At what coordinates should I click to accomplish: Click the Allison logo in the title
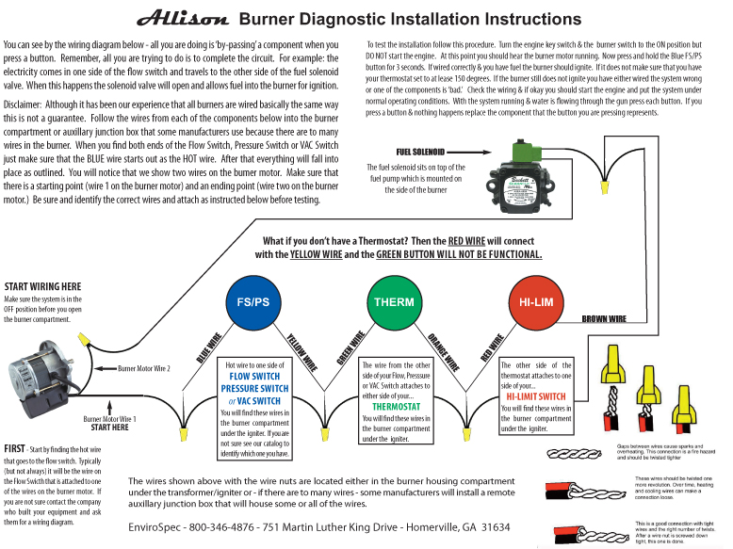(183, 18)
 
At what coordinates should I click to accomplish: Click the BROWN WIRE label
(604, 319)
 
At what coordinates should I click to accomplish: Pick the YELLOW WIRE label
(301, 351)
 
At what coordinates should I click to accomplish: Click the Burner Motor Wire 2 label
(144, 368)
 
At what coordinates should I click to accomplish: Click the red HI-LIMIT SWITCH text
(535, 396)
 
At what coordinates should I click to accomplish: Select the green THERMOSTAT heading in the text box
(396, 407)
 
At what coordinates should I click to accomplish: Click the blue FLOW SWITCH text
(254, 377)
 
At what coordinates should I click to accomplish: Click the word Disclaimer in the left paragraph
(22, 104)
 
